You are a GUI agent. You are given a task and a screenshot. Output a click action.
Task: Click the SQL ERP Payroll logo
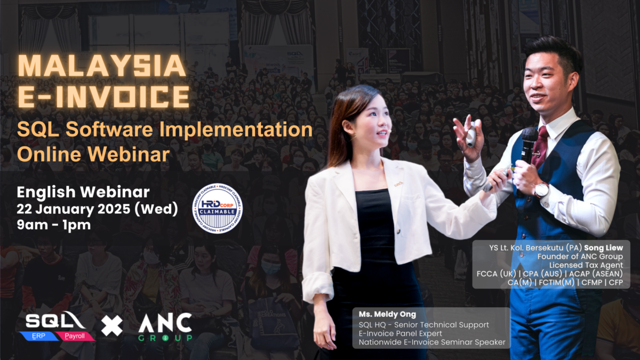click(59, 326)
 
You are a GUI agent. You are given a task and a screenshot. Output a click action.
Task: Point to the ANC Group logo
click(165, 326)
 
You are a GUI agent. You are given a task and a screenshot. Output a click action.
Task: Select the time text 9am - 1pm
click(53, 225)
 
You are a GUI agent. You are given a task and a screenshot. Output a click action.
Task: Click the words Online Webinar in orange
click(93, 154)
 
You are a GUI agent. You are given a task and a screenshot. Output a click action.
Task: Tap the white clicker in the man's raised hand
click(471, 137)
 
